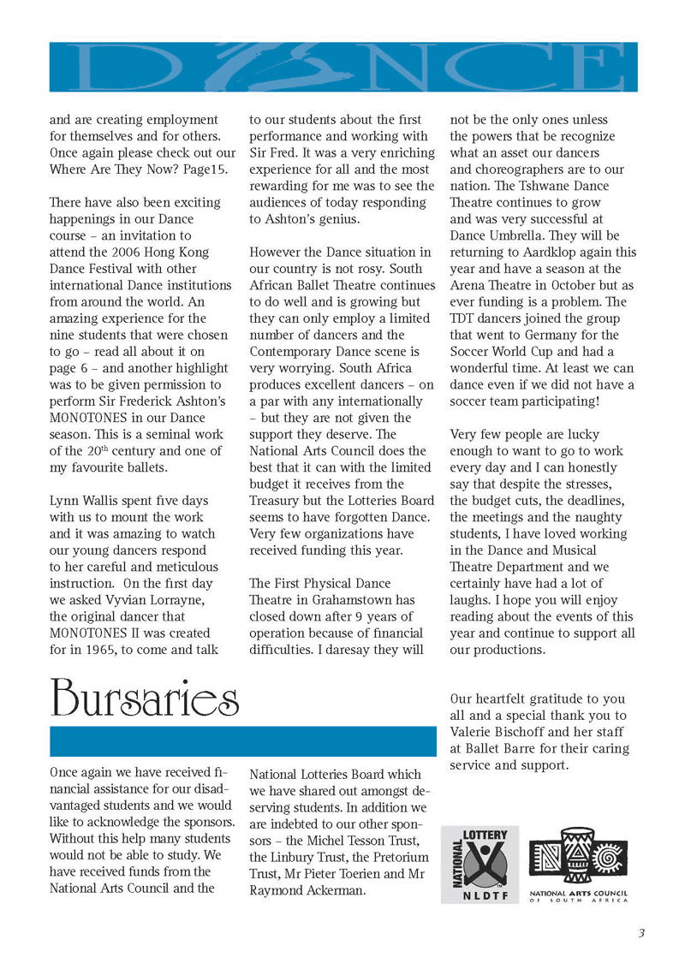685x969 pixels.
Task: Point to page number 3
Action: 641,933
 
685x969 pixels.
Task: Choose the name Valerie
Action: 474,732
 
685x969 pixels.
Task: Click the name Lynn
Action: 65,500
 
